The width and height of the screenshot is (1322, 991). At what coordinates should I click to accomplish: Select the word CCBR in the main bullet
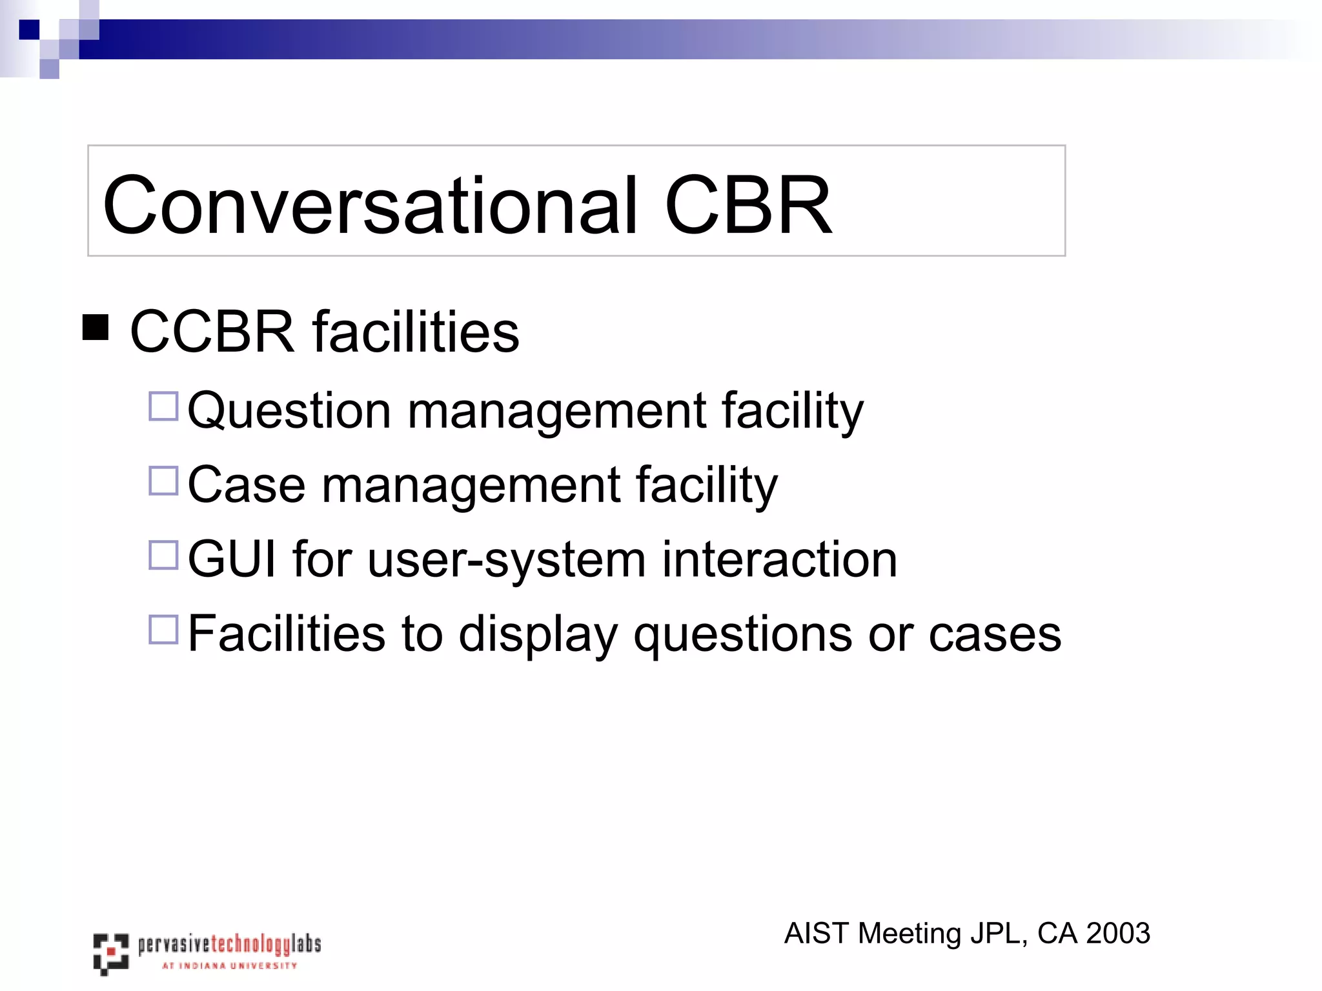(212, 332)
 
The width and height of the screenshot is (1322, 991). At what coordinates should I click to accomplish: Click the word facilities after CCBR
(416, 332)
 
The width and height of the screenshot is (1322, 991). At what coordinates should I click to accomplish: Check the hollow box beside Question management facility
(163, 406)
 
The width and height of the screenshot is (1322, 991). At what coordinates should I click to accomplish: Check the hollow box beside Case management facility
(163, 481)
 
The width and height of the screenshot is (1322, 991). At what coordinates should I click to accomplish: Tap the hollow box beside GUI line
(163, 555)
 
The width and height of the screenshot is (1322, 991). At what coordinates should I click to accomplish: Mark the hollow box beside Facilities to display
(163, 629)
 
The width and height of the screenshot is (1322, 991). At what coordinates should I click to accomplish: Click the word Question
(289, 411)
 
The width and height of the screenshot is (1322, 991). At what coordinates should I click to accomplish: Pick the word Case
(246, 485)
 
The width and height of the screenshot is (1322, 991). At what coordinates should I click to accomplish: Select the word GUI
(232, 559)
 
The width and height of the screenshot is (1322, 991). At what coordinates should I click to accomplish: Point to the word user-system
(507, 559)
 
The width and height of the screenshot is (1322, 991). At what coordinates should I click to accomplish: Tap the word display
(538, 634)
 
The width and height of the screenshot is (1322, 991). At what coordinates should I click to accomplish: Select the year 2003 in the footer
(1118, 934)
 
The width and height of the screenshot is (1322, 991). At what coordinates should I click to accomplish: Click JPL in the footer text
(998, 934)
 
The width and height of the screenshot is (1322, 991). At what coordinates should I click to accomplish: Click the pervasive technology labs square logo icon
(110, 952)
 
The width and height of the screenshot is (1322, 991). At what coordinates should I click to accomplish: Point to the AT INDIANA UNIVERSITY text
(229, 966)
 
